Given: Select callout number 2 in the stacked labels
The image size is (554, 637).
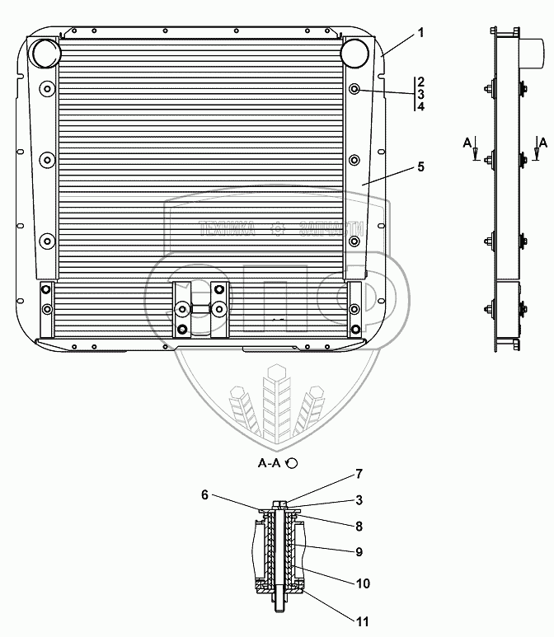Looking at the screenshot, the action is [420, 82].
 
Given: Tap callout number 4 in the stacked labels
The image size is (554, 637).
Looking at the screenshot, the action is [420, 107].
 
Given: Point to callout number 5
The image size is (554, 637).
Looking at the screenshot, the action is [420, 166].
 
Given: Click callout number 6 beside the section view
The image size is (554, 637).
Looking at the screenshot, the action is [204, 494].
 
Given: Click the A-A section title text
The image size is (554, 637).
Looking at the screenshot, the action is [270, 464].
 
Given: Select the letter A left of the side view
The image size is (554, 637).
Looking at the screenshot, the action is [467, 143].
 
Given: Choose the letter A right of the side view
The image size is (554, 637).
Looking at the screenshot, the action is [541, 143].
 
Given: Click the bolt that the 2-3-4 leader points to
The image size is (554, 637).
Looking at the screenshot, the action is [354, 90].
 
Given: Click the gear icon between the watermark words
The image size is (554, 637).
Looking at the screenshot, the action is [278, 229].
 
